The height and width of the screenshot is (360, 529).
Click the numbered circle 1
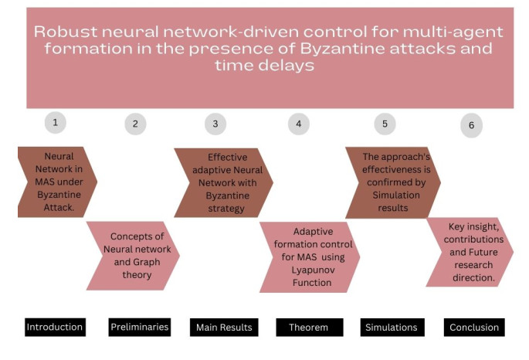56,123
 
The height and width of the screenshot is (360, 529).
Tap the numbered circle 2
135,124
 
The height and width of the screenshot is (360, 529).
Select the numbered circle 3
215,124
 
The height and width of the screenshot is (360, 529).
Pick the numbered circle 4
299,124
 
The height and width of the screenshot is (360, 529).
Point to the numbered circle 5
385,124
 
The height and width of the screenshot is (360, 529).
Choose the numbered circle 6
471,125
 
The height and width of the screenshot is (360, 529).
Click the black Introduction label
55,327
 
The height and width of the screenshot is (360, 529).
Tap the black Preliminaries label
140,327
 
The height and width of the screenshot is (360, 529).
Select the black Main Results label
224,328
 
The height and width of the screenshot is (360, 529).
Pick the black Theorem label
310,328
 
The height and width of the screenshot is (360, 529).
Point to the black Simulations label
392,328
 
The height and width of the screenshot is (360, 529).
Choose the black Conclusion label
474,328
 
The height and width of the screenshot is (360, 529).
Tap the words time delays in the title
264,65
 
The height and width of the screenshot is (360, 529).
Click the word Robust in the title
66,32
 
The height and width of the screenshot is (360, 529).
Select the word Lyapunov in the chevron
313,270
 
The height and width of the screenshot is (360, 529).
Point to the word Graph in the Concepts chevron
147,262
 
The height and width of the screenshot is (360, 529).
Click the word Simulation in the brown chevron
396,195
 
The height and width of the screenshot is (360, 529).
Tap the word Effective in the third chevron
227,158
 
